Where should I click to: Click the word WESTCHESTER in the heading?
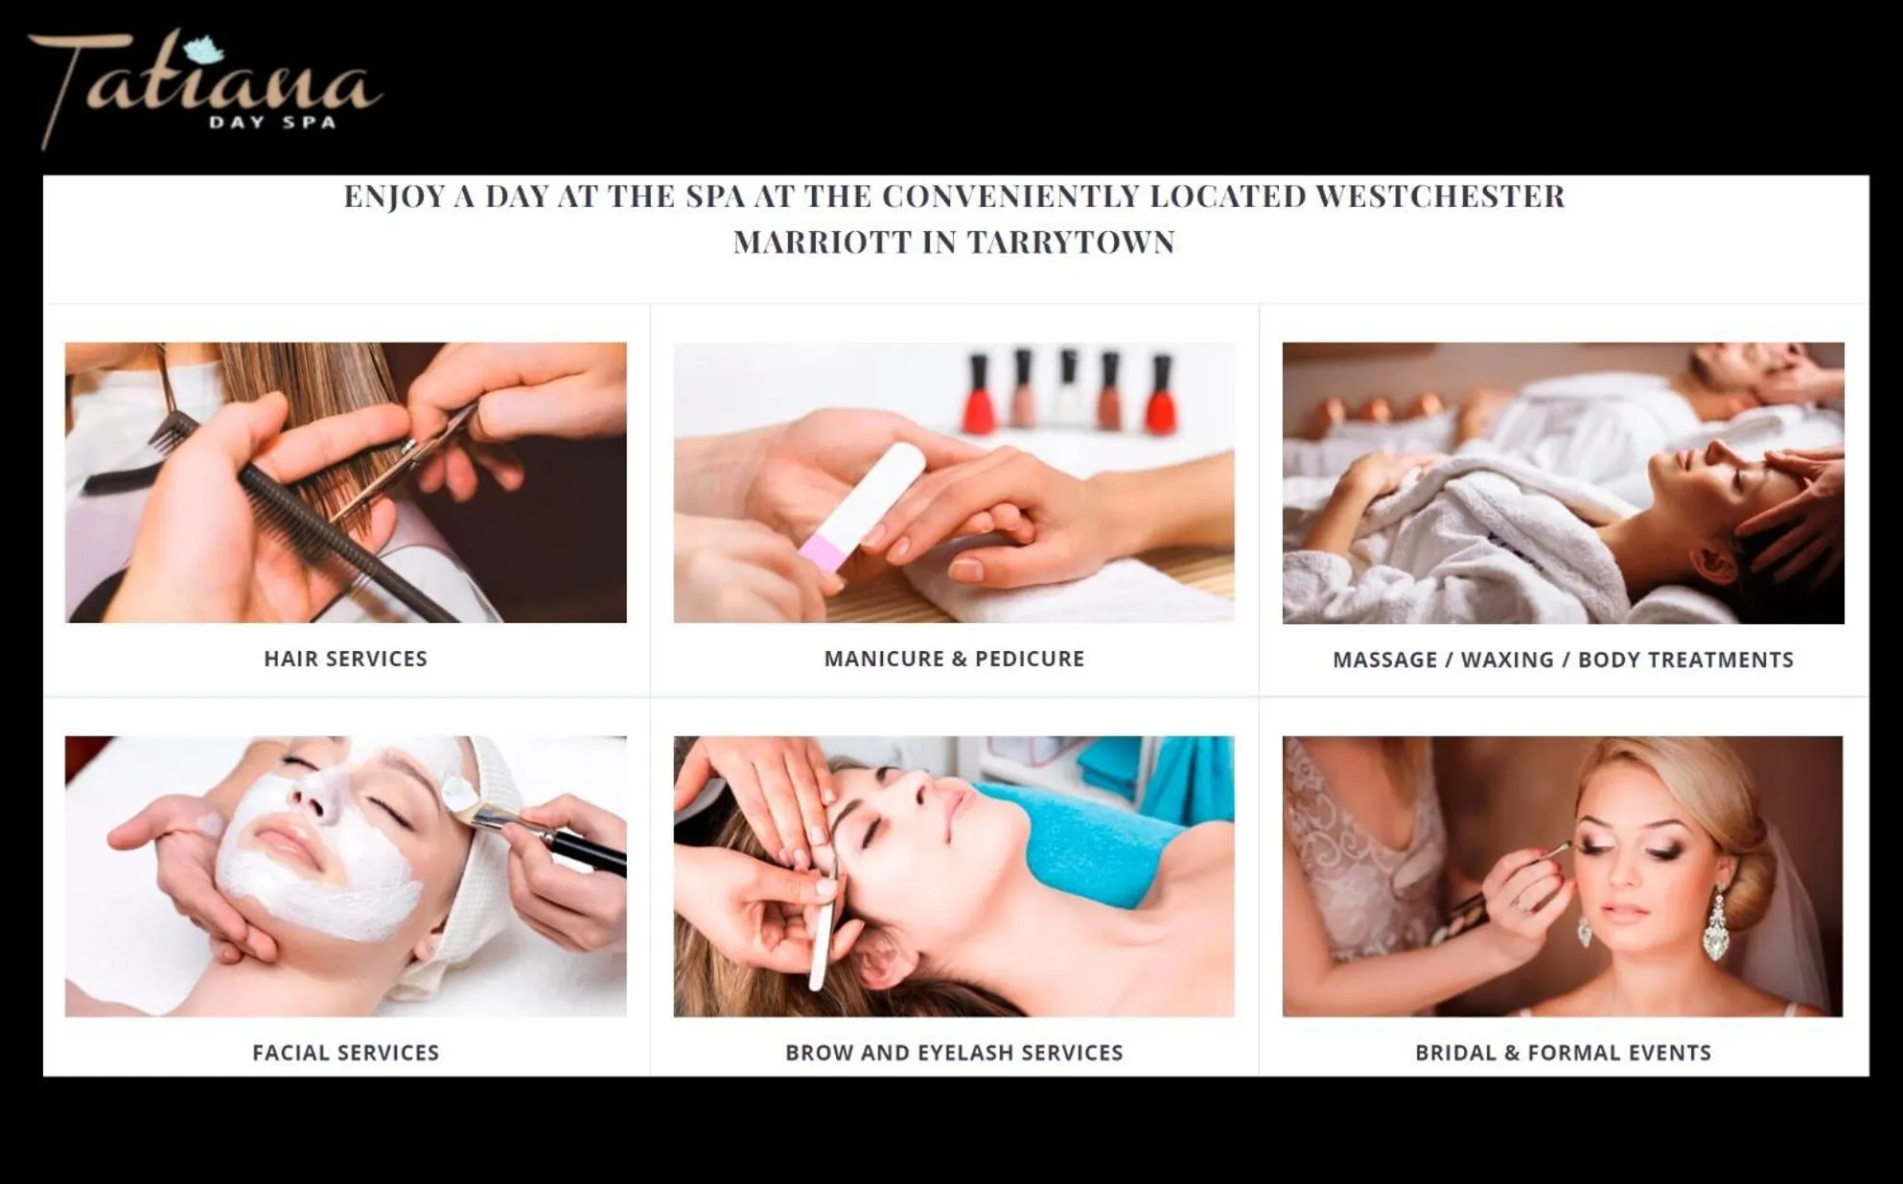[x=1439, y=197]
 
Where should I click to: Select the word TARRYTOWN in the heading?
[x=1070, y=243]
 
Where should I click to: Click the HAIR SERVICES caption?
[x=345, y=659]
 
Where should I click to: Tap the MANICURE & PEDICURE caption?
[x=954, y=659]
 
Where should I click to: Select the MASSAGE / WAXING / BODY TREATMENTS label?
[x=1562, y=660]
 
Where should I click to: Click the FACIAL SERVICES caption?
[x=345, y=1053]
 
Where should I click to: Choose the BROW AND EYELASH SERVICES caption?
[x=954, y=1053]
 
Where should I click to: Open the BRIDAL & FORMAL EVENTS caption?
[x=1562, y=1053]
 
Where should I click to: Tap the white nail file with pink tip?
[x=863, y=508]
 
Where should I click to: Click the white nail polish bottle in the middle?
[x=1067, y=388]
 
